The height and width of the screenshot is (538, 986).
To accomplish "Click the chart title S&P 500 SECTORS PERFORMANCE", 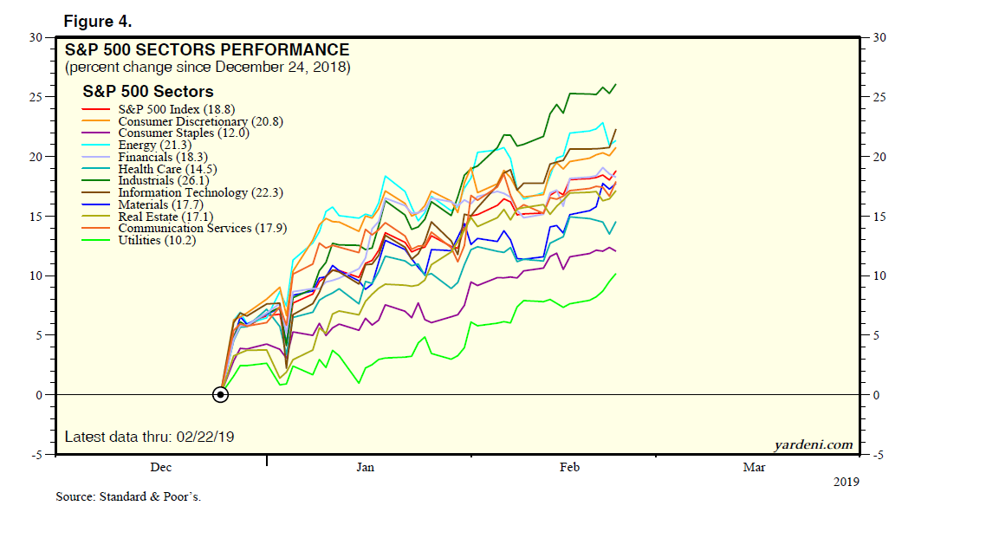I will coord(207,50).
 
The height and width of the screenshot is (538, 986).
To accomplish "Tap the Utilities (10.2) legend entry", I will coord(157,240).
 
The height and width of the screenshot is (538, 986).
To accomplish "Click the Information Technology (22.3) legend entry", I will coord(200,192).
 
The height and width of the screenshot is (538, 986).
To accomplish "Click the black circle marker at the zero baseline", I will coord(220,395).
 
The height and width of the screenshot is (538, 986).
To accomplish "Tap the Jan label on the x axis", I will coord(365,468).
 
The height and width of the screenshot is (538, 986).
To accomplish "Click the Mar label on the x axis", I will coord(754,468).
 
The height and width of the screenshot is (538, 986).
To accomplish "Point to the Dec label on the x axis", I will coord(160,468).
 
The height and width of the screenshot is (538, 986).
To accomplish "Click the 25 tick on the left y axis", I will coord(36,97).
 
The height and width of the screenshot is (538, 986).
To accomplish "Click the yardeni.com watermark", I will coord(813,445).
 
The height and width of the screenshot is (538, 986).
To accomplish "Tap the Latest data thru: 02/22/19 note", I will coord(149,437).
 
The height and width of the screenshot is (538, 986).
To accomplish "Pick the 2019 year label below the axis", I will coord(846,482).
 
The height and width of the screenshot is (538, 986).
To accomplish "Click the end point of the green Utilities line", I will coord(616,274).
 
